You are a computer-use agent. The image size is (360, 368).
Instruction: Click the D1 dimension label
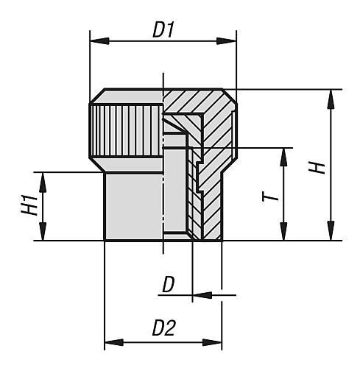(x=163, y=30)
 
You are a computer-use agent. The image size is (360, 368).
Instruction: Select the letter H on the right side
(x=317, y=167)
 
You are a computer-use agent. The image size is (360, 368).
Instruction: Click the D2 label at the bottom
(x=163, y=329)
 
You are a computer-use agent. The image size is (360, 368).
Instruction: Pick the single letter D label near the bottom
(x=169, y=285)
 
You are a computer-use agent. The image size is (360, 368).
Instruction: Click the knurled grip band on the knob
(x=125, y=129)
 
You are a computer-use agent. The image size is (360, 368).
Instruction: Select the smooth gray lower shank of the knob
(x=133, y=206)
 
